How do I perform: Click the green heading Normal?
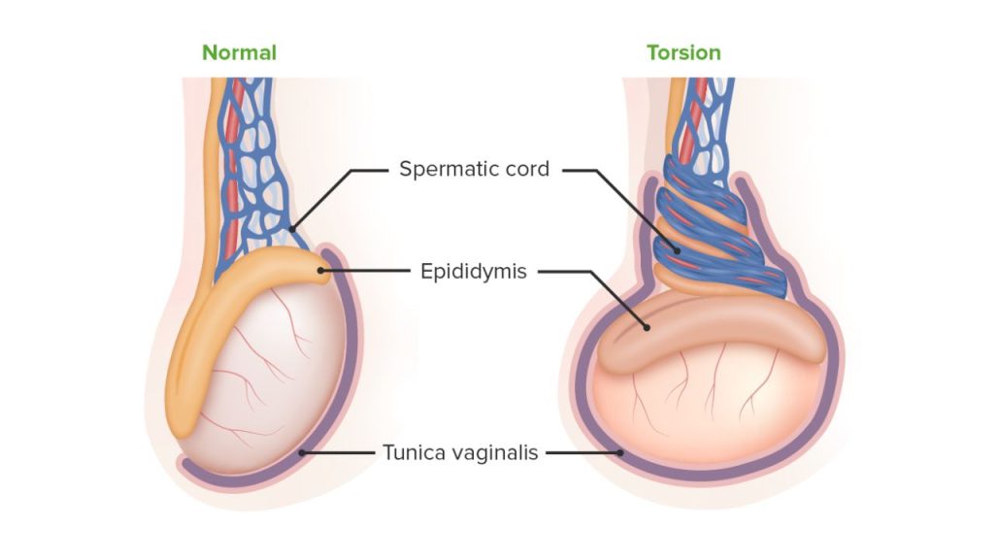[239, 52]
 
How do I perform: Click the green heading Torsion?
[683, 52]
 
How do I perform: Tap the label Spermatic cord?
[474, 169]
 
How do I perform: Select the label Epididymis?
[474, 272]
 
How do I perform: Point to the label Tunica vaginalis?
[460, 452]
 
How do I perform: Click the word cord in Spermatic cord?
[529, 169]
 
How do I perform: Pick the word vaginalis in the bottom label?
[500, 452]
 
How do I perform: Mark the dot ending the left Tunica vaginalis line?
[304, 452]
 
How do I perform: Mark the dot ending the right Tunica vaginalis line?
[620, 452]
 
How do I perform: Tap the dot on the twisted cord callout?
[677, 249]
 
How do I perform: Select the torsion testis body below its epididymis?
[709, 408]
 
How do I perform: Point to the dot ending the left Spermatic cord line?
[291, 229]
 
